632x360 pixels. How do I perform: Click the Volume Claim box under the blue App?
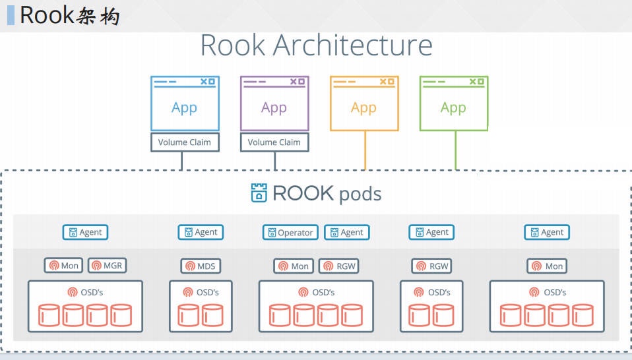185,142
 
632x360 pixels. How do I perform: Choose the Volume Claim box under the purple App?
274,142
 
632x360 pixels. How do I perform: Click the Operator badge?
290,232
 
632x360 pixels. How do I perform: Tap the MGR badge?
107,266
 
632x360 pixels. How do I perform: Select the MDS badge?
201,266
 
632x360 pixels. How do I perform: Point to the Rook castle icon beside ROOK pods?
259,193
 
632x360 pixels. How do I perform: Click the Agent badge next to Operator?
346,232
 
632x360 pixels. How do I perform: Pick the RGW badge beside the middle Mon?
338,266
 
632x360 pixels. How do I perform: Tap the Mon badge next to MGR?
63,266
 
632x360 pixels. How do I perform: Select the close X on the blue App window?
212,82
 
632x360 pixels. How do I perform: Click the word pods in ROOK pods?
360,195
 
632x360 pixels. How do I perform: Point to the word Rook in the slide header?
46,15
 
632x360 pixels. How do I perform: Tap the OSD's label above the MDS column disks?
201,292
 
